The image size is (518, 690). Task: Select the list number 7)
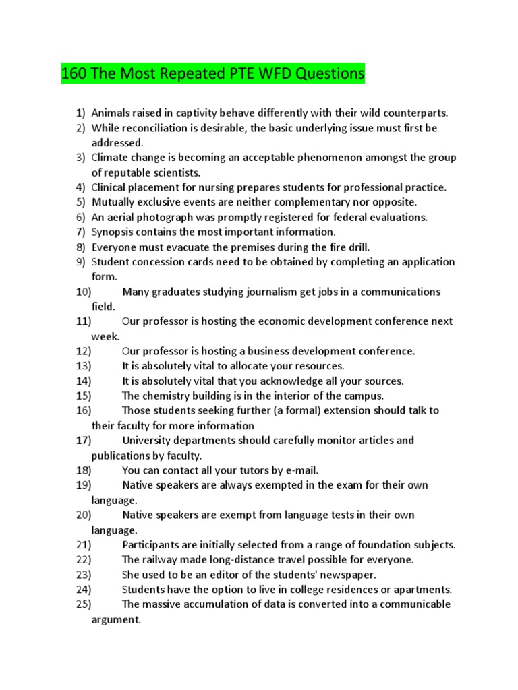80,232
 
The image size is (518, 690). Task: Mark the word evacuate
188,247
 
